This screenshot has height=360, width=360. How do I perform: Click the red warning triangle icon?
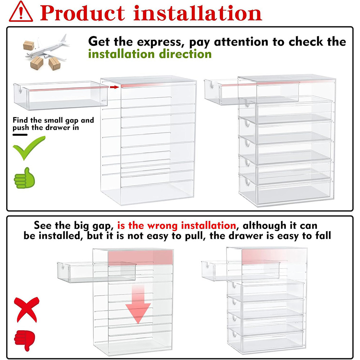click(21, 12)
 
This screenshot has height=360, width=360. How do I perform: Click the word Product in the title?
click(82, 13)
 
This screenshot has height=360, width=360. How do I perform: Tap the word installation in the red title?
click(198, 13)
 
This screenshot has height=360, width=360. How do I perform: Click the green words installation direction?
click(150, 54)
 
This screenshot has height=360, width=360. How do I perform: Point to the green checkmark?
click(29, 148)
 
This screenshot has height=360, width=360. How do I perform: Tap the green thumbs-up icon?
click(24, 178)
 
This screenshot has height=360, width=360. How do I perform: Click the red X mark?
click(26, 309)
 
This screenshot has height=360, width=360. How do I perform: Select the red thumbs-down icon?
click(24, 340)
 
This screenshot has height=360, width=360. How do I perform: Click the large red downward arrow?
click(138, 303)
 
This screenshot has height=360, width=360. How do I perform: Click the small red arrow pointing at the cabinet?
click(114, 87)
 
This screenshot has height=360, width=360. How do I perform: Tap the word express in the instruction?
click(161, 42)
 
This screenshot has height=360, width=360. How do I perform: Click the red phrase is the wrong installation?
click(176, 225)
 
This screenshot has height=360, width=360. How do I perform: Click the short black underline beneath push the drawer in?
click(20, 135)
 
